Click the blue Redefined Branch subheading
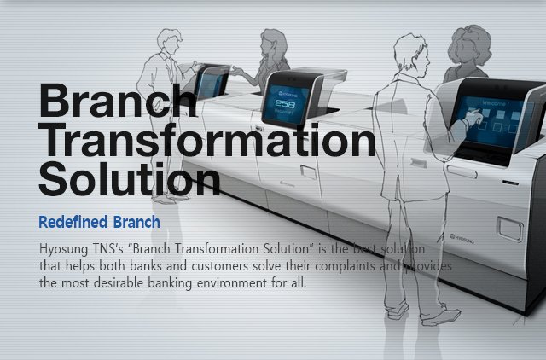coord(100,224)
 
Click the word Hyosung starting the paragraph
coord(62,249)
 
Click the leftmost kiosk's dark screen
coord(211,84)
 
